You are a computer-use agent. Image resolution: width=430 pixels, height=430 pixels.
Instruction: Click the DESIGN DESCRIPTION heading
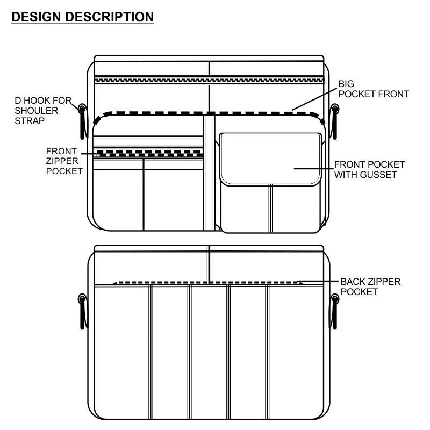click(x=83, y=17)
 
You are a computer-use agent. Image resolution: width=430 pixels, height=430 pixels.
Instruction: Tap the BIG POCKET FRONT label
click(x=374, y=89)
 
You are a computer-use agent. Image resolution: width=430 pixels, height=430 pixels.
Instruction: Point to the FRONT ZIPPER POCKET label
click(x=64, y=161)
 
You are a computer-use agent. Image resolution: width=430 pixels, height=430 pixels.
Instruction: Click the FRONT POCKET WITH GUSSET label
click(x=369, y=169)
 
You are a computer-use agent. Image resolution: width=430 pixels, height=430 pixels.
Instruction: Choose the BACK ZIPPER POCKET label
click(x=370, y=286)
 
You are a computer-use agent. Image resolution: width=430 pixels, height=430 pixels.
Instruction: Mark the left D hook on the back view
click(x=82, y=311)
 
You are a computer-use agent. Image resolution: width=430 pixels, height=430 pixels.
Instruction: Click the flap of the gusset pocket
click(x=270, y=159)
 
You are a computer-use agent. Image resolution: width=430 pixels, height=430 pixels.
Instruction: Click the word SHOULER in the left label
click(x=37, y=110)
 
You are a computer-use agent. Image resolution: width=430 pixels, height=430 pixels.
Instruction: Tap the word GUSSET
click(x=379, y=175)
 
